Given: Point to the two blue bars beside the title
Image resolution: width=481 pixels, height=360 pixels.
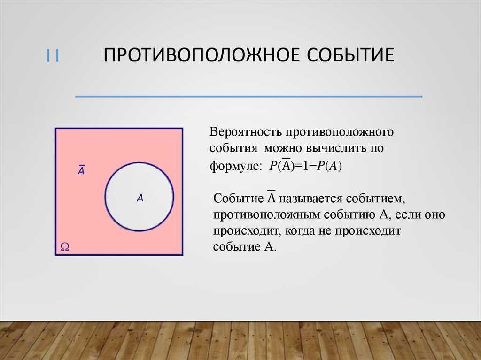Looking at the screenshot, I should pyautogui.click(x=52, y=56).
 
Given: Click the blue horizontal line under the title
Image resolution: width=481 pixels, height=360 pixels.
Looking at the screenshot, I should pyautogui.click(x=248, y=97).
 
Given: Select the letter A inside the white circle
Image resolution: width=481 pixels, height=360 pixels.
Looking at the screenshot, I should pyautogui.click(x=140, y=199).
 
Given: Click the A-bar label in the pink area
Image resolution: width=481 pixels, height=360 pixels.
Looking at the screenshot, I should pyautogui.click(x=81, y=170).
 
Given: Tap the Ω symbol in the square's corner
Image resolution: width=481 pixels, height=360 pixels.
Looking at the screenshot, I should pyautogui.click(x=64, y=246).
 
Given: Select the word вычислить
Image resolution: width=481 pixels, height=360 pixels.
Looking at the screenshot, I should pyautogui.click(x=334, y=149).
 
